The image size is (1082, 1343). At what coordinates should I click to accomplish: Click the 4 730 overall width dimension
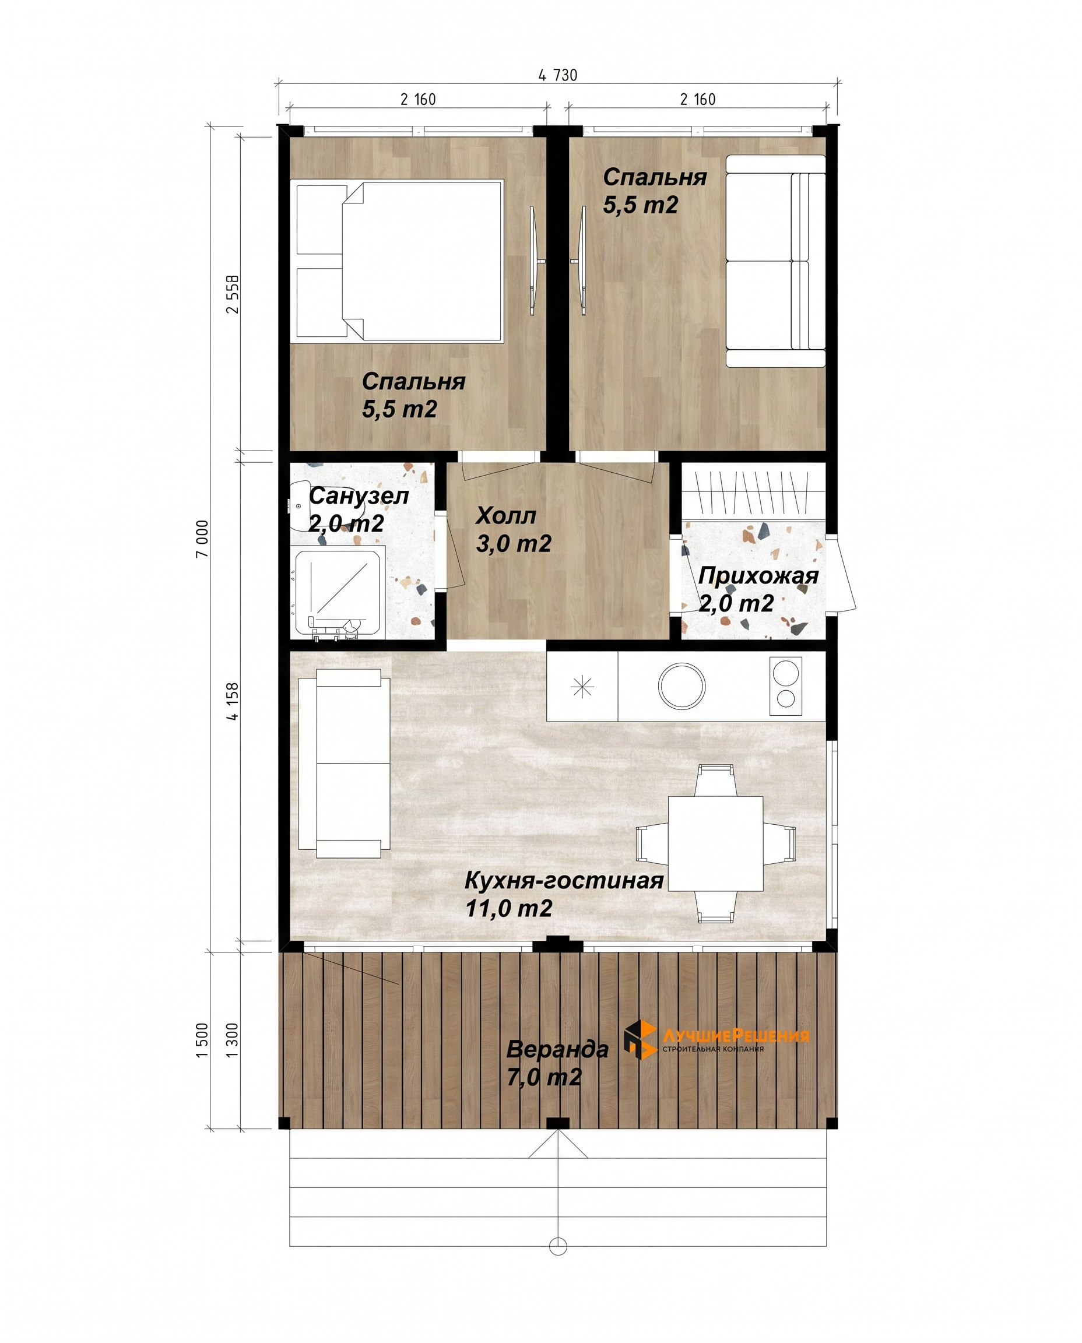[x=558, y=75]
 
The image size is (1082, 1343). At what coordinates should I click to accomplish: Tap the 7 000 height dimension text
[x=202, y=539]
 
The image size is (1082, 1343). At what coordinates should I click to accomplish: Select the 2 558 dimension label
[x=233, y=294]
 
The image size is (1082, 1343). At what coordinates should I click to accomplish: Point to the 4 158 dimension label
[x=233, y=702]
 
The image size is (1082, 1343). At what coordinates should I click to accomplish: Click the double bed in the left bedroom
[x=397, y=261]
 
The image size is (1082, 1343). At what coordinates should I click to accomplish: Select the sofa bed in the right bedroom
[x=775, y=261]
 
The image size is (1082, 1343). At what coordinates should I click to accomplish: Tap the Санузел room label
[x=359, y=496]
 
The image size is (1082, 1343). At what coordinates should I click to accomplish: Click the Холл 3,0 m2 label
[x=514, y=529]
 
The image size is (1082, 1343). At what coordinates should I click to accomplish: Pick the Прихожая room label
[x=758, y=575]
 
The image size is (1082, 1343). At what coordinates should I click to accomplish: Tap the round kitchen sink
[x=682, y=685]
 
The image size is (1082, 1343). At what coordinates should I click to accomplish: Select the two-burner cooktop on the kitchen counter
[x=785, y=685]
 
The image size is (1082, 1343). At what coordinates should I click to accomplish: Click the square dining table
[x=715, y=843]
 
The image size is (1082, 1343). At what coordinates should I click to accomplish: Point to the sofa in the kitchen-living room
[x=344, y=764]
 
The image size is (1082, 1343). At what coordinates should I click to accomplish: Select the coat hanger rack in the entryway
[x=754, y=493]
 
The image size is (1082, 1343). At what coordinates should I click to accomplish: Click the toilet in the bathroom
[x=304, y=505]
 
